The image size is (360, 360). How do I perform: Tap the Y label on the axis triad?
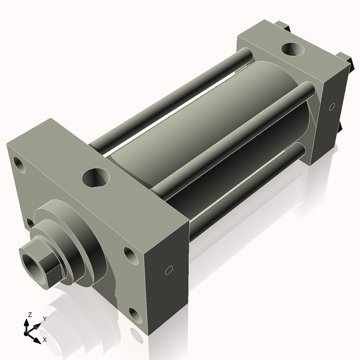(x=44, y=319)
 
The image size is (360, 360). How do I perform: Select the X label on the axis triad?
(x=45, y=340)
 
